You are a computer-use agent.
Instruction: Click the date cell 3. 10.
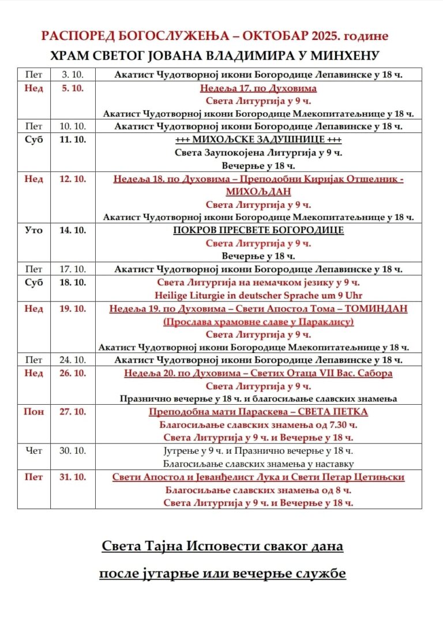73,75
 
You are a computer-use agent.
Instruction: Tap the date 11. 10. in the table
73,140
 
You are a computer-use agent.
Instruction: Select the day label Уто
34,230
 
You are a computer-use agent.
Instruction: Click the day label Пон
34,412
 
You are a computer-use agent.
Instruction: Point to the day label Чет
34,450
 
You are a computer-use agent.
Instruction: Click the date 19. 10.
73,309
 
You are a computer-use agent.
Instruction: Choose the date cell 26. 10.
73,373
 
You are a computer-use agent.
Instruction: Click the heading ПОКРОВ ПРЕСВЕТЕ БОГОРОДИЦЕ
258,230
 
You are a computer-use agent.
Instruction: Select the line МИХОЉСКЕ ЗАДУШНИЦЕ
258,140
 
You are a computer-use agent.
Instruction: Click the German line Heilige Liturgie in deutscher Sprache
258,295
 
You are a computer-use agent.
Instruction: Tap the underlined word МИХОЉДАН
258,192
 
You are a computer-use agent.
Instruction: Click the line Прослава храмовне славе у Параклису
258,322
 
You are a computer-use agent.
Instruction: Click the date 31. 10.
73,477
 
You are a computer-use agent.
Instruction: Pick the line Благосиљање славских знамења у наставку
258,464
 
